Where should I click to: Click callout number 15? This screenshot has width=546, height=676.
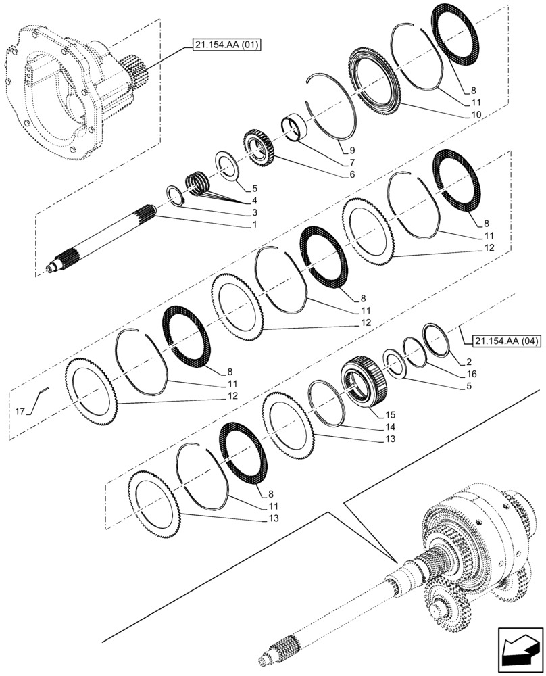(391, 414)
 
